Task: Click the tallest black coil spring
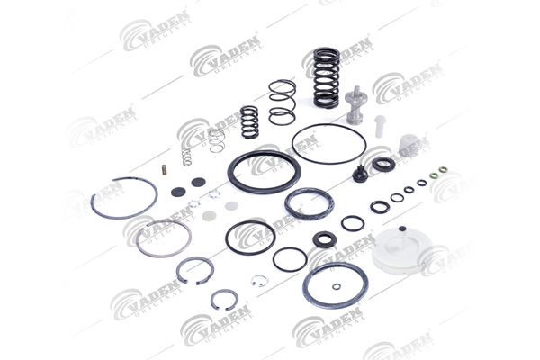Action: (326, 76)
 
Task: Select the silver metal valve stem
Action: (355, 105)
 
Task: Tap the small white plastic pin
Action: (380, 126)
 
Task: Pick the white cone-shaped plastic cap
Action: (409, 146)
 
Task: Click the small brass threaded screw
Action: (165, 170)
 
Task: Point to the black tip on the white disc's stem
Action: (401, 229)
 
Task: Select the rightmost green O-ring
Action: (443, 170)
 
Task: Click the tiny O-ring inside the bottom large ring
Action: (337, 286)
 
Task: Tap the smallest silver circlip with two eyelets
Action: (259, 281)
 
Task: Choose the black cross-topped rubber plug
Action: (360, 175)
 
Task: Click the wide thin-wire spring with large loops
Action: (282, 103)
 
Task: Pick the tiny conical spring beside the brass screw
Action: (186, 157)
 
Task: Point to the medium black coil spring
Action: (249, 121)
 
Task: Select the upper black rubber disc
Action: (198, 182)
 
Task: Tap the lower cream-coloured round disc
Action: (210, 216)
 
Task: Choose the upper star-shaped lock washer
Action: (214, 194)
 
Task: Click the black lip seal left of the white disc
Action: (325, 239)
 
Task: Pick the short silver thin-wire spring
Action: (217, 140)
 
